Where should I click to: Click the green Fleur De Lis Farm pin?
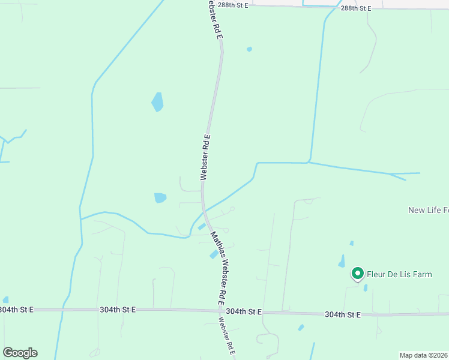[x=358, y=274]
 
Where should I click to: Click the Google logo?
[x=20, y=353]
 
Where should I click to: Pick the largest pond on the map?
[x=157, y=102]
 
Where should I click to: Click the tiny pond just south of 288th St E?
[x=249, y=49]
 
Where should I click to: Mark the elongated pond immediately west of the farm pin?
[x=342, y=261]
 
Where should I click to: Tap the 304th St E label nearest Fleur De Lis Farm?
[x=343, y=314]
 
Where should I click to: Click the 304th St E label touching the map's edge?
[x=16, y=310]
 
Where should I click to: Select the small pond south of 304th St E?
[x=301, y=328]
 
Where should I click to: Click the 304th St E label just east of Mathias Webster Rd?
[x=244, y=312]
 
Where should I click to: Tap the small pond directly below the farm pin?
[x=366, y=288]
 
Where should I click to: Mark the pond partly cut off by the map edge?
[x=5, y=299]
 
